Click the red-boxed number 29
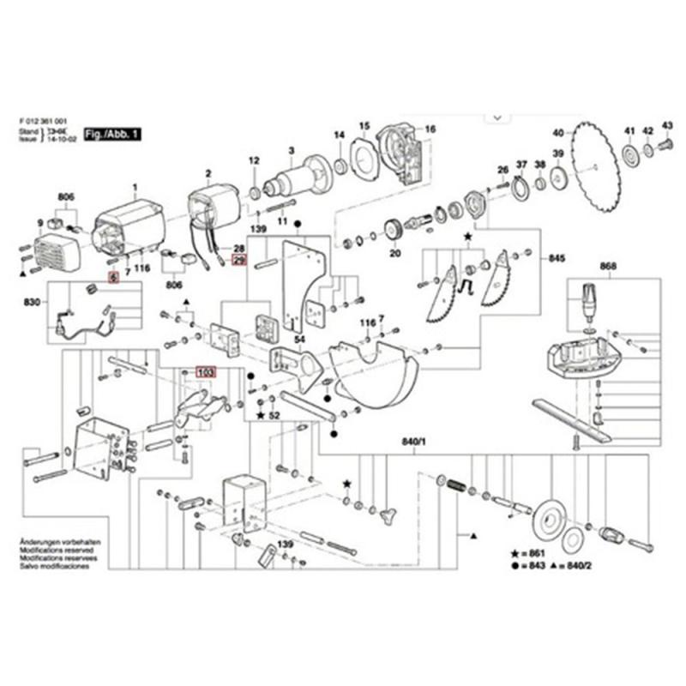pos(239,259)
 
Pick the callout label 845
pos(557,258)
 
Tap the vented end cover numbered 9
pos(54,250)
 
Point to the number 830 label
pos(33,302)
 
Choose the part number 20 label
pos(394,254)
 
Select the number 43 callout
pos(667,129)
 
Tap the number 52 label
pos(274,415)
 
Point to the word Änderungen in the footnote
pos(37,544)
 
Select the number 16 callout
pos(430,129)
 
